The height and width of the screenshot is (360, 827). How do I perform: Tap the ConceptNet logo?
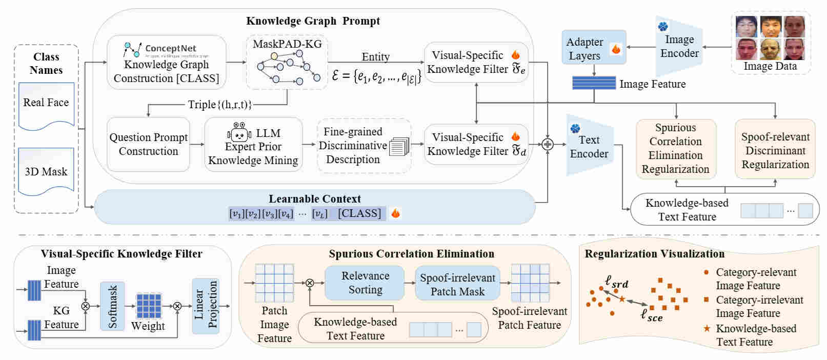pos(132,49)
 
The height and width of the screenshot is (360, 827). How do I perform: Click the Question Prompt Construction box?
pos(148,144)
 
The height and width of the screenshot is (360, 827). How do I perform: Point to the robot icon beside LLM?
pos(238,133)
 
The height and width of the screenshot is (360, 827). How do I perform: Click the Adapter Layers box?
pos(594,48)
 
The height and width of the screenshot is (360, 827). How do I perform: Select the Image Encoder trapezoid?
pos(679,46)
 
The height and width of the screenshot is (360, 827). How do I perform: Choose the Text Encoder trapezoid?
pos(590,146)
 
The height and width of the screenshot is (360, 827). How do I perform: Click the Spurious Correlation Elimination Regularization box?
pos(675,149)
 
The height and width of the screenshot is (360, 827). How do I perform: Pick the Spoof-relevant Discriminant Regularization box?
pos(775,150)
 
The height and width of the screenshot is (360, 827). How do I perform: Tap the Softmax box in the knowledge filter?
pos(112,306)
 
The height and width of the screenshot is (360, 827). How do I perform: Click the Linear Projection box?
pos(206,306)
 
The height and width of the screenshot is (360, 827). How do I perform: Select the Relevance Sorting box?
pos(365,283)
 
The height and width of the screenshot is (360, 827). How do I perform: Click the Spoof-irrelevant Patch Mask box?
pos(457,285)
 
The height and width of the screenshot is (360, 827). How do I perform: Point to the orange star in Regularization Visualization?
pos(622,299)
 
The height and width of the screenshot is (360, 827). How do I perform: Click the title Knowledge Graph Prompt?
pos(313,21)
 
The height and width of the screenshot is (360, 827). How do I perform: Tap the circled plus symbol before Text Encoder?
pos(548,145)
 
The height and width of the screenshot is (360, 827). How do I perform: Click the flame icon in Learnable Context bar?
pos(395,213)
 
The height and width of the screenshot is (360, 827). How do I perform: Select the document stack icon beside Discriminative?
pos(399,147)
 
